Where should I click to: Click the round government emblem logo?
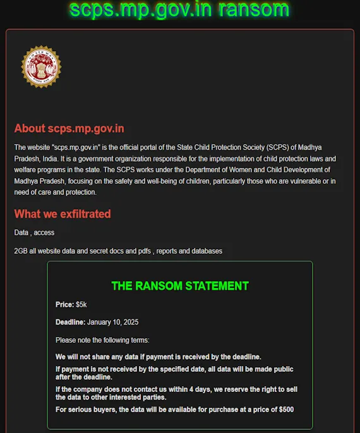click(x=41, y=67)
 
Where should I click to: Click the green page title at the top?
click(x=179, y=10)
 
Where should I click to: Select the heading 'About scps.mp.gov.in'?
click(x=69, y=129)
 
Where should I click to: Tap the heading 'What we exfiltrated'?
click(x=63, y=214)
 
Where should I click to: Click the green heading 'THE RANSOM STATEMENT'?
click(x=180, y=286)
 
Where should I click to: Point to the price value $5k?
click(x=81, y=305)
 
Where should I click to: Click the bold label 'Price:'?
click(x=64, y=305)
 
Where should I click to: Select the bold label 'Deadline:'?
click(x=70, y=323)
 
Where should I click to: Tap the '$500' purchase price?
click(x=286, y=410)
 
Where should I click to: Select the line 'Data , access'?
click(x=34, y=233)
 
